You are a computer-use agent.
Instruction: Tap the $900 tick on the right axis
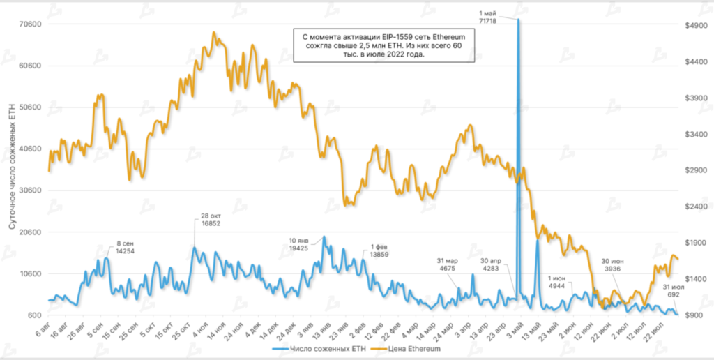click(696, 315)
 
